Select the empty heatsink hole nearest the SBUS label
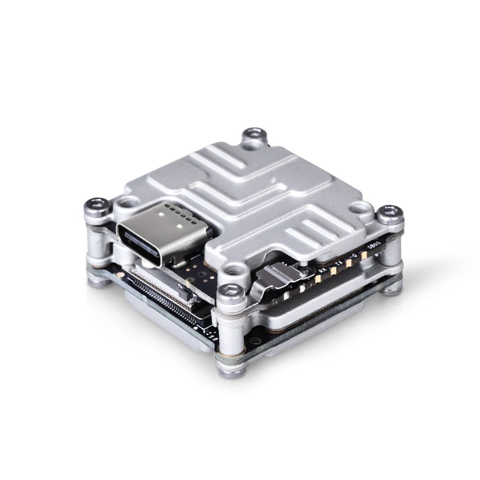358,208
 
